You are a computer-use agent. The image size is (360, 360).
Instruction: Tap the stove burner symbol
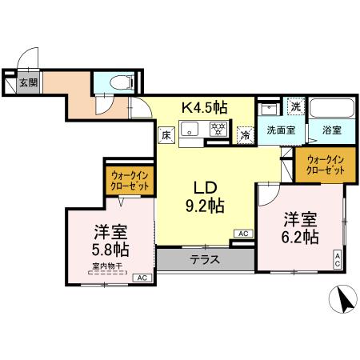216,129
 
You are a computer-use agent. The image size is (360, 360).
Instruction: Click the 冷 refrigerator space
244,136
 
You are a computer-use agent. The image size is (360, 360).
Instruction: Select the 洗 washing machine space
295,107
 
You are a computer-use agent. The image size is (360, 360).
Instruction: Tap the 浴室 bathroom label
330,130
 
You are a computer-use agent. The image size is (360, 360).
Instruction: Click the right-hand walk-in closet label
326,165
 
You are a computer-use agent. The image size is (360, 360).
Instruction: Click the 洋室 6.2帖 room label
300,228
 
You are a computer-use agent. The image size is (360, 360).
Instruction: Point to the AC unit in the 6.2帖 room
338,258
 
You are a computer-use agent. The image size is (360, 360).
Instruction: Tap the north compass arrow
342,302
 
